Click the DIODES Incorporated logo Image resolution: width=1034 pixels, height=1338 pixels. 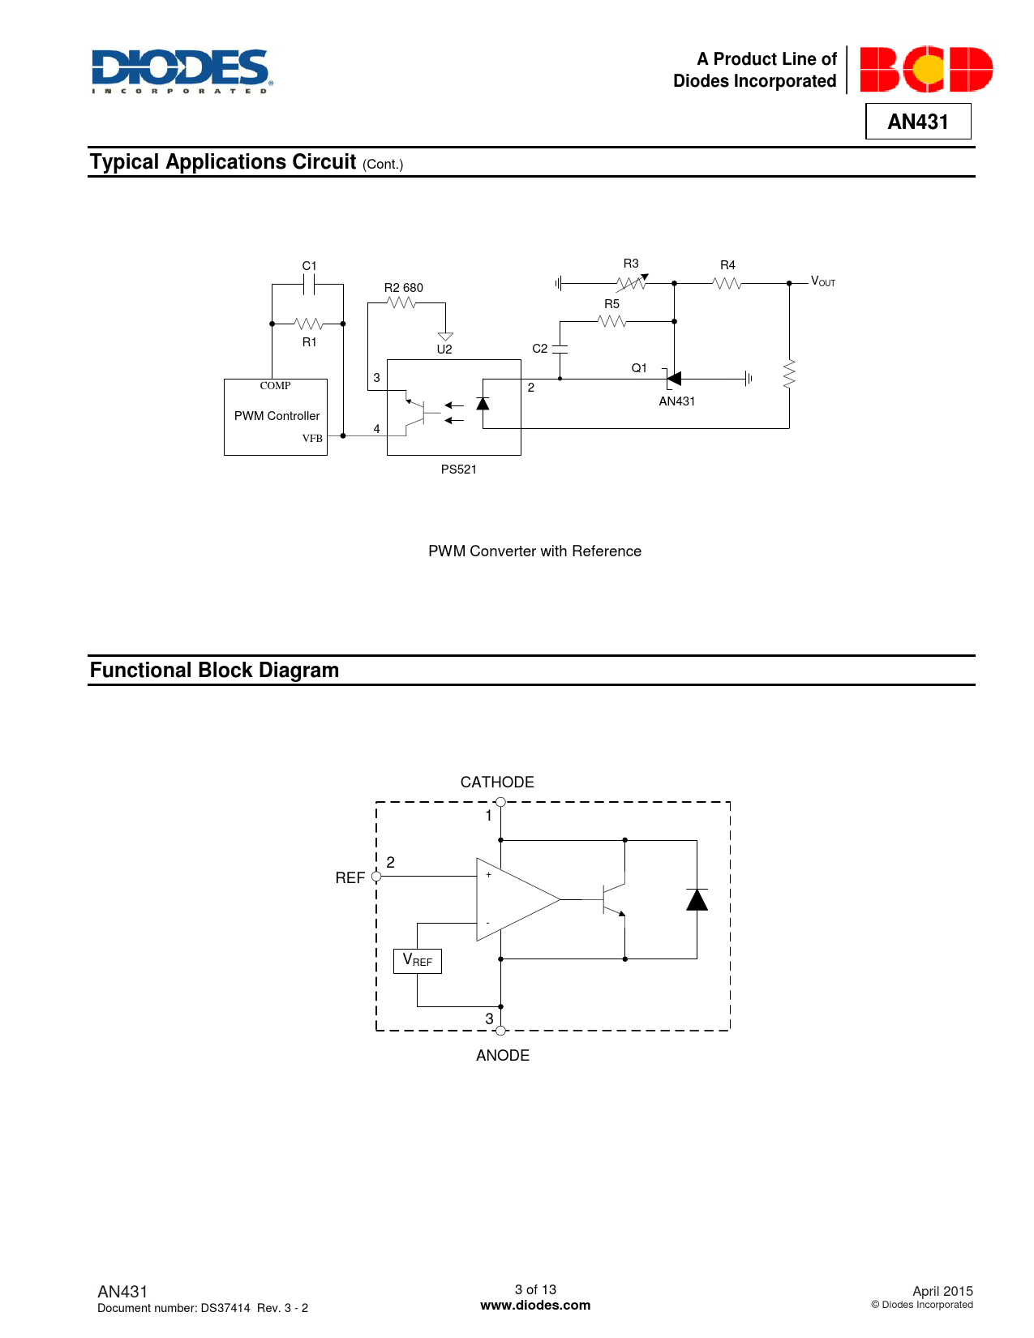click(x=182, y=71)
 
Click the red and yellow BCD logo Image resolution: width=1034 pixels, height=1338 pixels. click(x=926, y=70)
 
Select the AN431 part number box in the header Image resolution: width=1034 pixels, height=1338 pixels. click(x=918, y=122)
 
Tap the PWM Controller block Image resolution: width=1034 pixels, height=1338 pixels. click(x=276, y=417)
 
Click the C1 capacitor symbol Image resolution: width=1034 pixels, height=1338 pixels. click(x=309, y=284)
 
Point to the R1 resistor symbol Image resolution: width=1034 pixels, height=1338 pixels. click(x=309, y=324)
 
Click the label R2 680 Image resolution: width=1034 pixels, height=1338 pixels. click(x=403, y=288)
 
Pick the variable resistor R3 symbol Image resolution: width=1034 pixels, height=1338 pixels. click(x=632, y=283)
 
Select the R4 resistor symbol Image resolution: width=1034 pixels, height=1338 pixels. click(x=727, y=283)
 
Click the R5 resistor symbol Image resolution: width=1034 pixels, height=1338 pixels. click(x=612, y=321)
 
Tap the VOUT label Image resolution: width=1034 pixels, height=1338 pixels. click(x=823, y=281)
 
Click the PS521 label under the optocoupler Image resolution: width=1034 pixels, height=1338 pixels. click(x=459, y=470)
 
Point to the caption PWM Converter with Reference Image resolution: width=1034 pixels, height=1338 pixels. click(x=534, y=551)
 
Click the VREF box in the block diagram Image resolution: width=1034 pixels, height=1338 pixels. click(x=417, y=961)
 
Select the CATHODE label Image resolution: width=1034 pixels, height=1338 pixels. click(x=497, y=783)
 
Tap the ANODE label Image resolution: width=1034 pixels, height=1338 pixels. click(x=503, y=1056)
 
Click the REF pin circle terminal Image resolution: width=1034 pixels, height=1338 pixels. click(x=376, y=877)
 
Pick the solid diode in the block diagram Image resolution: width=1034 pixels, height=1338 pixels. click(x=697, y=899)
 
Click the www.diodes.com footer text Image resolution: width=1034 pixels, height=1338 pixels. click(x=535, y=1306)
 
